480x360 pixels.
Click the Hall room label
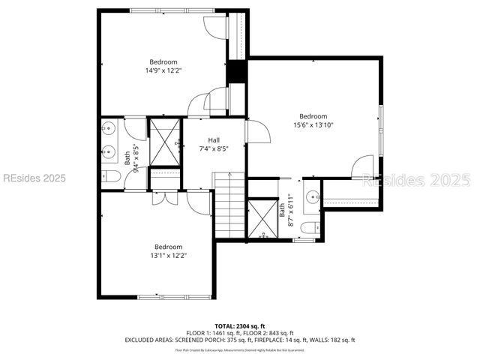click(x=214, y=140)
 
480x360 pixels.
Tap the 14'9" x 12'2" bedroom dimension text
click(x=163, y=70)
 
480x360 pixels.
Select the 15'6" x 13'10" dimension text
click(x=313, y=125)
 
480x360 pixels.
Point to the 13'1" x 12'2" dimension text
click(x=169, y=256)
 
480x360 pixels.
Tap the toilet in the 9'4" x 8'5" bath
click(x=109, y=176)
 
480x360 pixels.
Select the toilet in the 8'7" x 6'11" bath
click(x=307, y=228)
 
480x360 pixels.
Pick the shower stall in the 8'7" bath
click(x=262, y=218)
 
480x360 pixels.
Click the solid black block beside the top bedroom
click(x=237, y=71)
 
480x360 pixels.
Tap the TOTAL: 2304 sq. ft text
click(x=239, y=325)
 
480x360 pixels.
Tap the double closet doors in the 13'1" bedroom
click(x=165, y=198)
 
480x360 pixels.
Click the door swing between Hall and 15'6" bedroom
click(x=258, y=131)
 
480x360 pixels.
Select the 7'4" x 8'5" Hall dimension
click(x=214, y=148)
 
